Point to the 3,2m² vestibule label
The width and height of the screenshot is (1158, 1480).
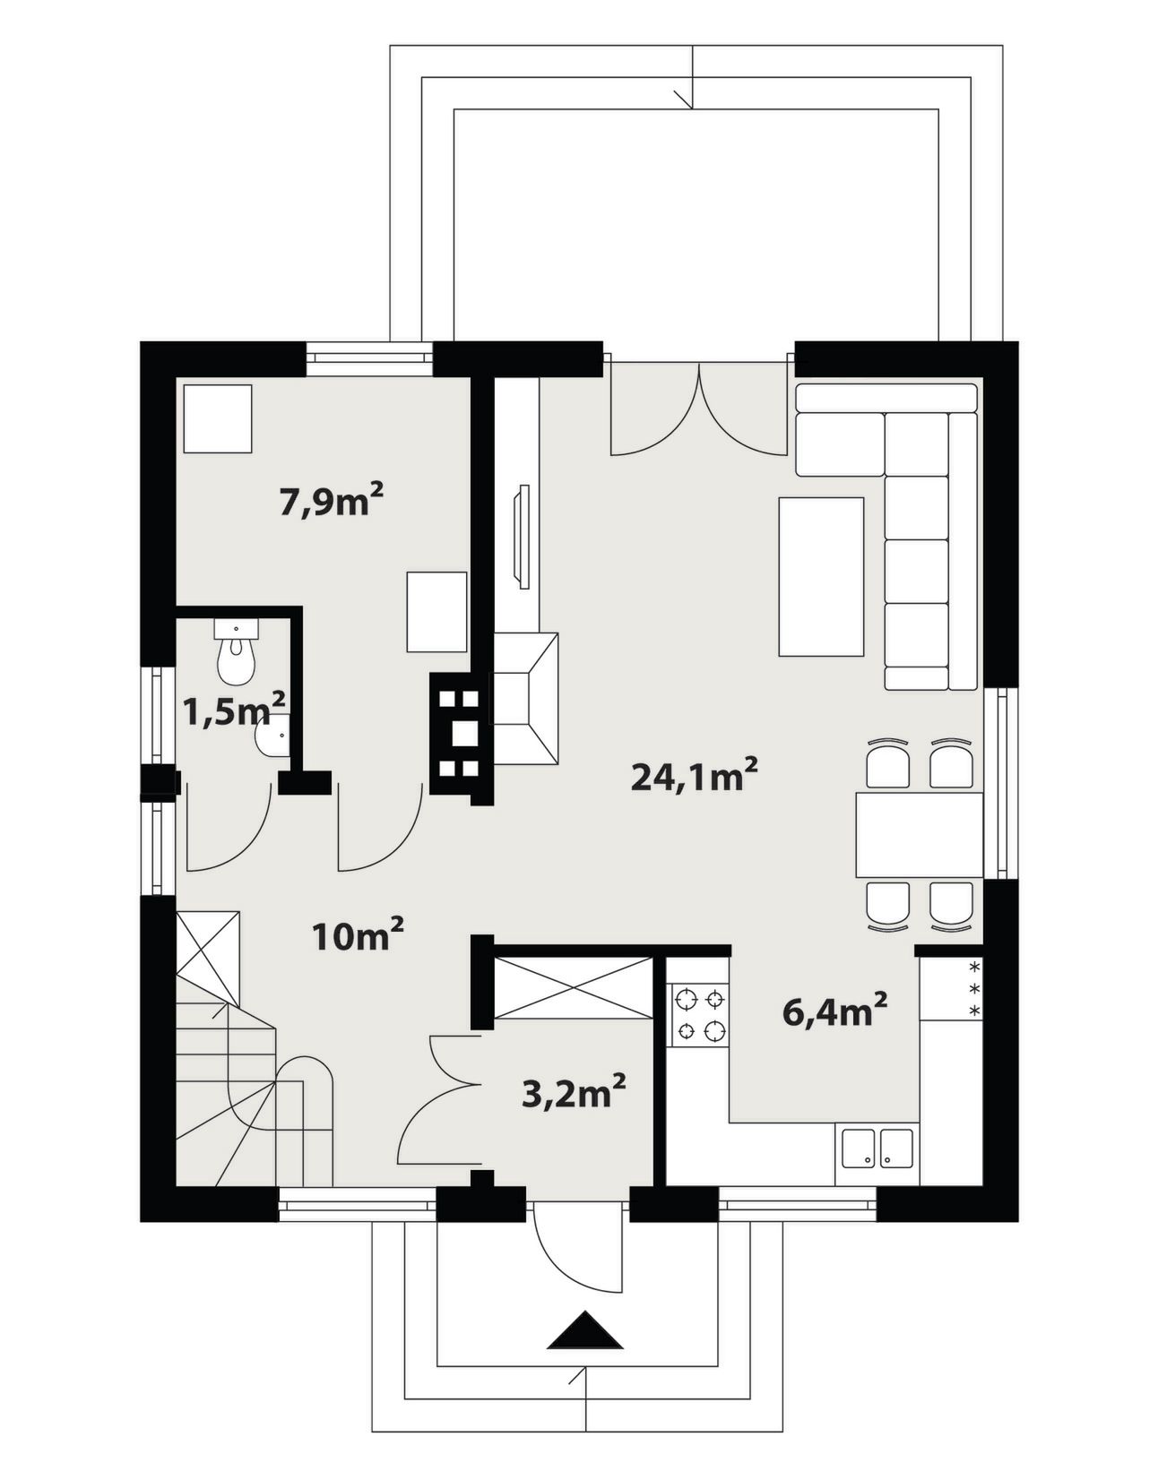pos(574,1092)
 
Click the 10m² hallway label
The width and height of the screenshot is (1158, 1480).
pos(359,935)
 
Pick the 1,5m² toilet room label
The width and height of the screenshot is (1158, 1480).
pos(234,712)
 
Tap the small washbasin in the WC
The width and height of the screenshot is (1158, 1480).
pos(273,735)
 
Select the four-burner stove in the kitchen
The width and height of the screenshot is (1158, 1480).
pos(700,1016)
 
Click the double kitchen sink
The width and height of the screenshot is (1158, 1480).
pos(877,1149)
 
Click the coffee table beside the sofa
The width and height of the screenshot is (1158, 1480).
pos(822,577)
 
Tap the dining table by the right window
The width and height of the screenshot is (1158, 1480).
pos(920,834)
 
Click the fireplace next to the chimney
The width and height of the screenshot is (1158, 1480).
pos(526,698)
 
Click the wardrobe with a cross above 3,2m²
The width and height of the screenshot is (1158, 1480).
pos(573,987)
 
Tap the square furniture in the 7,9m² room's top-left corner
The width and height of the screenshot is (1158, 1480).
pos(218,418)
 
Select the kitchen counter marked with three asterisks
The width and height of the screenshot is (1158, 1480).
pos(952,988)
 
